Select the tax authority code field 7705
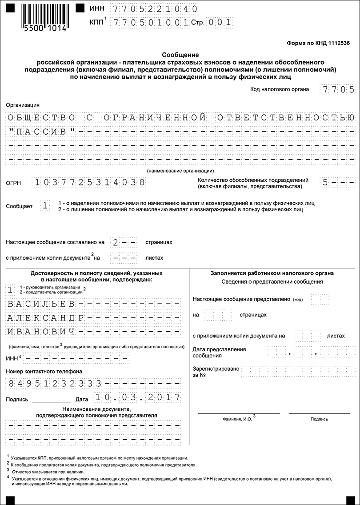coord(338,89)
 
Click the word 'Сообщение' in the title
coord(180,54)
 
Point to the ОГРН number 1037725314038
coord(89,182)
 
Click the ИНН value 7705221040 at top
coord(155,9)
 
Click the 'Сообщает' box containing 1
coord(45,206)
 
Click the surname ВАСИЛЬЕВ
coord(40,304)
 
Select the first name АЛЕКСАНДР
coord(45,318)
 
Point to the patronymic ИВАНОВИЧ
coord(40,332)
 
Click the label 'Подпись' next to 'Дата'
coord(17,399)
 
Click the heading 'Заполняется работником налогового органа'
coord(272,273)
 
